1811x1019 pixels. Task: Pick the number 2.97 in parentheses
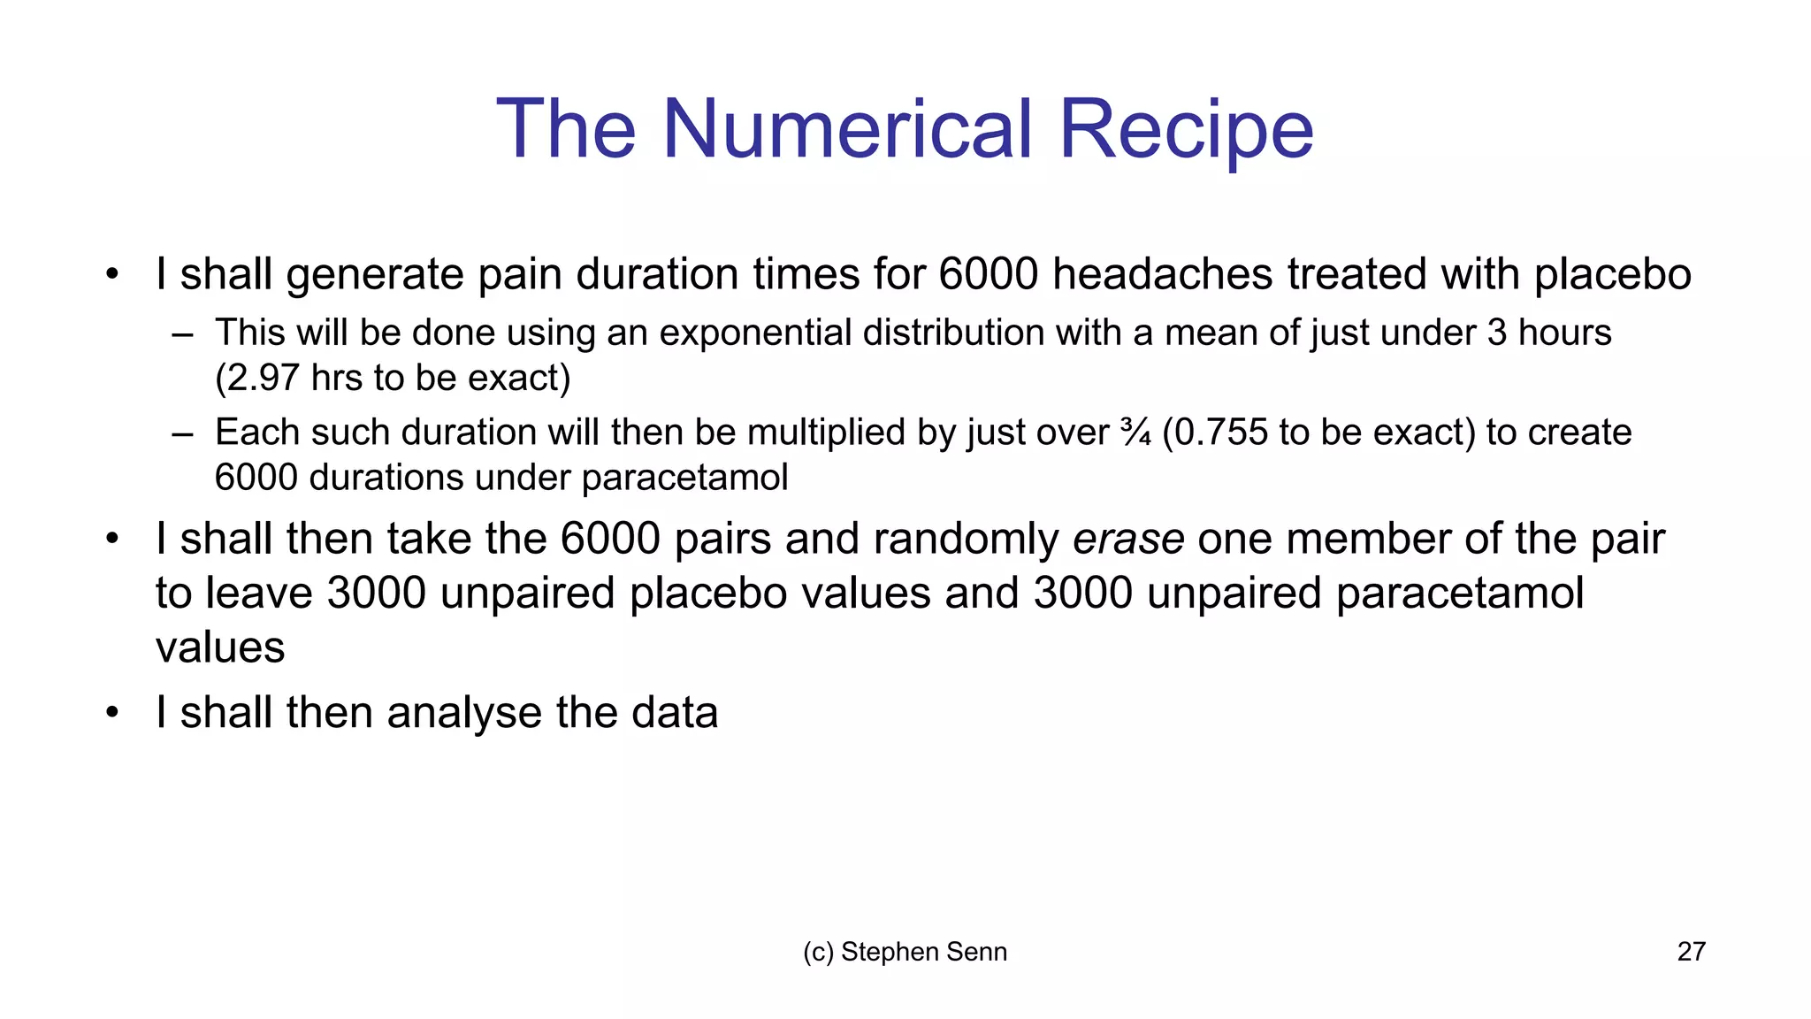[264, 378]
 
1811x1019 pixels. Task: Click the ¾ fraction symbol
[1135, 433]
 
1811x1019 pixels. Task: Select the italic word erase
[1128, 539]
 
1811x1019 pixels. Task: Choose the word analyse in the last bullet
[464, 713]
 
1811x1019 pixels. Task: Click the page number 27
[1691, 952]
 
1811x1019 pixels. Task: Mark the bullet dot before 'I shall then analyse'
[112, 713]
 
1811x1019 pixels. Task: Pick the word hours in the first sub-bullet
[1564, 333]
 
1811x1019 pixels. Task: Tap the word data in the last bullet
[674, 713]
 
